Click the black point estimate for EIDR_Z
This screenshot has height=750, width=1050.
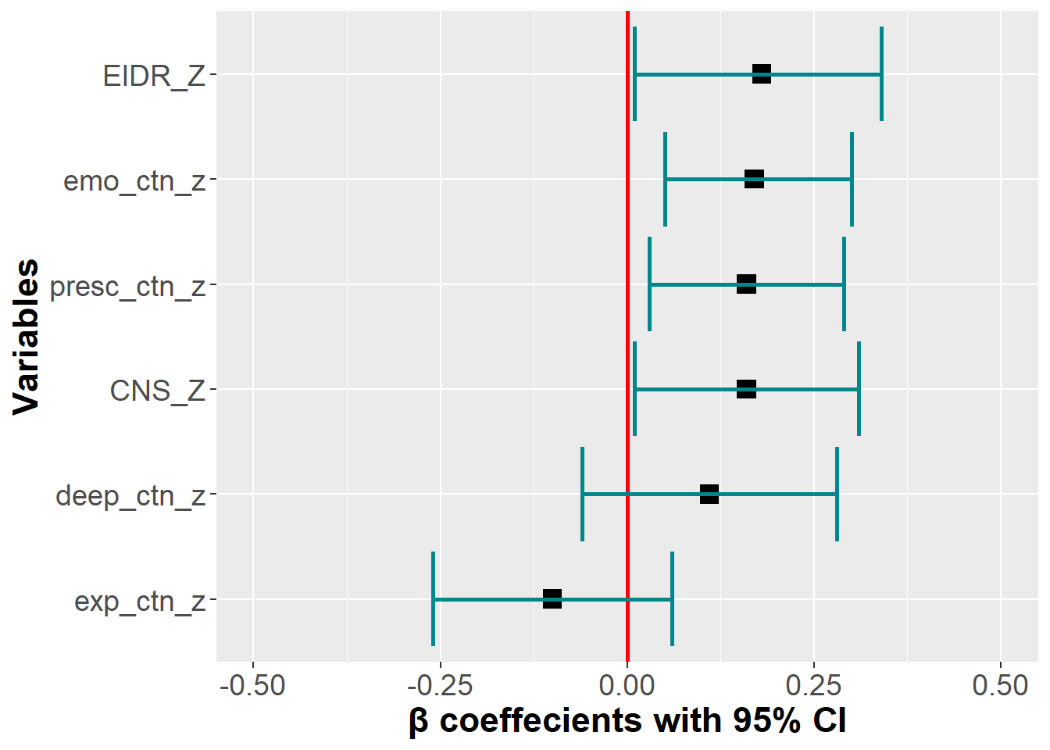[x=762, y=74]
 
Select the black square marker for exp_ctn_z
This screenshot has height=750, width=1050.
[x=552, y=599]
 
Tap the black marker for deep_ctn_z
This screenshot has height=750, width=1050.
[x=709, y=494]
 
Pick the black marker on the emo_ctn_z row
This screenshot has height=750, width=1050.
[x=754, y=179]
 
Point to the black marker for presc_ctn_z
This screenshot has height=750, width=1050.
[x=746, y=284]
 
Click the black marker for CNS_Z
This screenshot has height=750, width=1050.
[x=746, y=389]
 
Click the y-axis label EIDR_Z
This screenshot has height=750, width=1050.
[x=154, y=76]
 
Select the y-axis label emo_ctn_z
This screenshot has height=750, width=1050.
[x=134, y=180]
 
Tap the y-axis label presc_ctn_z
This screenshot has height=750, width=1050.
[x=127, y=287]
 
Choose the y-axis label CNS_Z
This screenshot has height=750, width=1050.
[x=157, y=391]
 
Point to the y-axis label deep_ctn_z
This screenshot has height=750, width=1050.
[x=130, y=495]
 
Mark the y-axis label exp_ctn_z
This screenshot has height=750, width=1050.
[x=140, y=601]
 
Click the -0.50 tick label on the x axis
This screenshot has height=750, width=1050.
[x=252, y=686]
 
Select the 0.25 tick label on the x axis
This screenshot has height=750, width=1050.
[x=814, y=686]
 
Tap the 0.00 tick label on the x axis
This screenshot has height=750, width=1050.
[x=627, y=686]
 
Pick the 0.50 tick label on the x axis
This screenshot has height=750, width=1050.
[x=1001, y=686]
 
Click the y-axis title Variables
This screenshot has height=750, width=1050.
[x=26, y=337]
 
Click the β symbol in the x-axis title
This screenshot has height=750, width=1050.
[x=419, y=721]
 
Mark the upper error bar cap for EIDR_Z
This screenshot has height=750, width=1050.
[x=881, y=74]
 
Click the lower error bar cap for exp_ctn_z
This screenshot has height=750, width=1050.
[x=434, y=599]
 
